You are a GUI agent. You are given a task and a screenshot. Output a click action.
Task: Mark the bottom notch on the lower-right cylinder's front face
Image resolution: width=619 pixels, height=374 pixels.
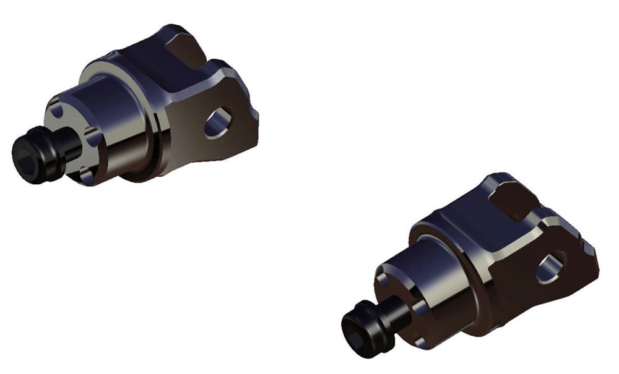tap(422, 342)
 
